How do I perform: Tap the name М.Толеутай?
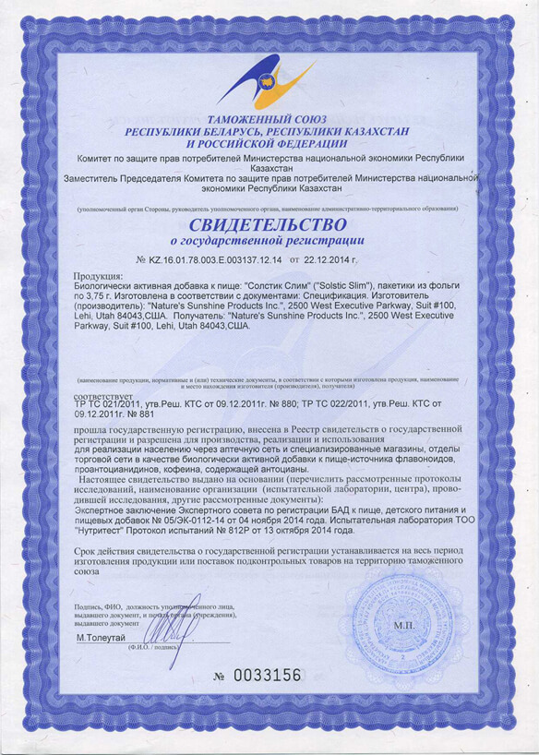pyautogui.click(x=101, y=638)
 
